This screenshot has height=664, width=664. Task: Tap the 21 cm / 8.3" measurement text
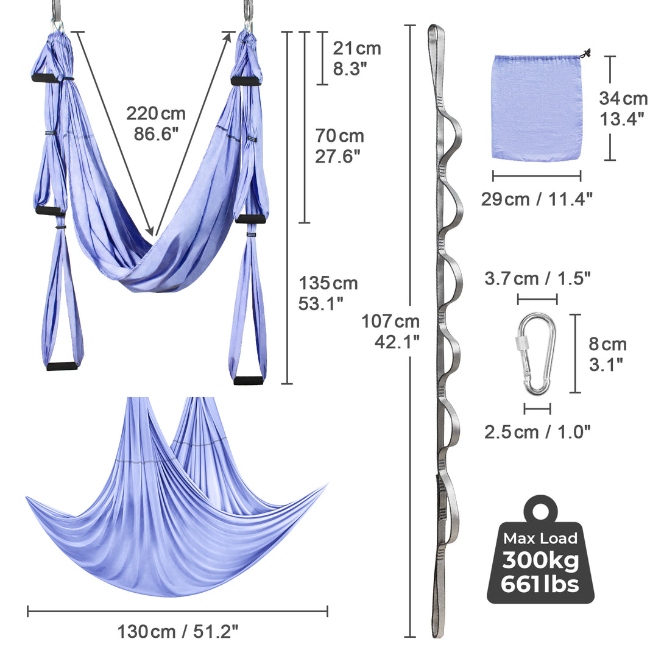[x=356, y=58]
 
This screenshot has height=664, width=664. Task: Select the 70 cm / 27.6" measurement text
[x=339, y=146]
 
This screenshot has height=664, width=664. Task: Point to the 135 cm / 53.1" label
[x=328, y=293]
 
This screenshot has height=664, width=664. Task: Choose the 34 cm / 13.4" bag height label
[x=623, y=108]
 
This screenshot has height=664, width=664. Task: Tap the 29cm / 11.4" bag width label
[x=536, y=199]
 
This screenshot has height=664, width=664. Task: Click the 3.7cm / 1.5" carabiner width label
[x=537, y=279]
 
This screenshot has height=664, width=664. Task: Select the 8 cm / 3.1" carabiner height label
[x=607, y=354]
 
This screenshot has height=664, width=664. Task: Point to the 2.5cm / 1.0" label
[x=537, y=432]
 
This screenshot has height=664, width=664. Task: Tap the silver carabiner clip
[x=536, y=354]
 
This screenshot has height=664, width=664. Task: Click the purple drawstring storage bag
[x=535, y=108]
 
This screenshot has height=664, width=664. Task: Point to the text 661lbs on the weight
[x=540, y=585]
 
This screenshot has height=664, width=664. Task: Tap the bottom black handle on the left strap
[x=62, y=366]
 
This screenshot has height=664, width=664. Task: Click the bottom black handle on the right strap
[x=249, y=381]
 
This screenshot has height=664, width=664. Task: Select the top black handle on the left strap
[x=45, y=78]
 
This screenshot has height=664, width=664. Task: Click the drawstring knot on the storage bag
[x=587, y=54]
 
